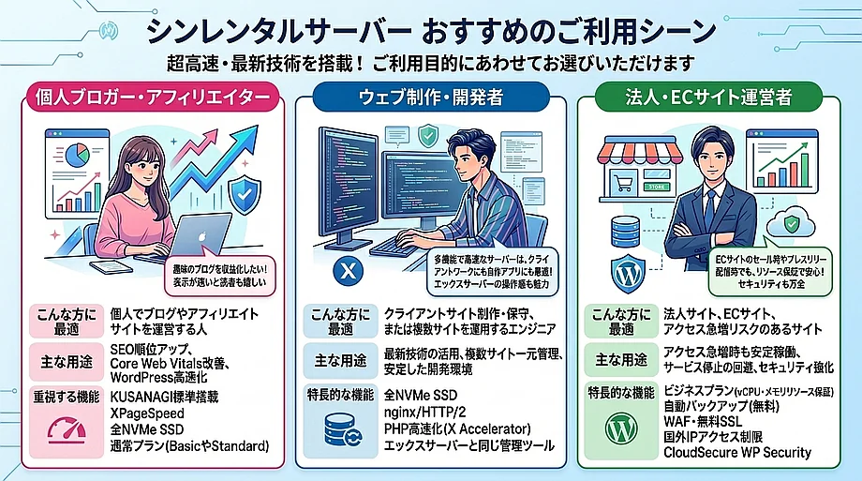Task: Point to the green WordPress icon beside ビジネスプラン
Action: pyautogui.click(x=616, y=430)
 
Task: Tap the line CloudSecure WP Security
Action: pyautogui.click(x=736, y=453)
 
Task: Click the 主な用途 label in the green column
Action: pyautogui.click(x=616, y=358)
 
